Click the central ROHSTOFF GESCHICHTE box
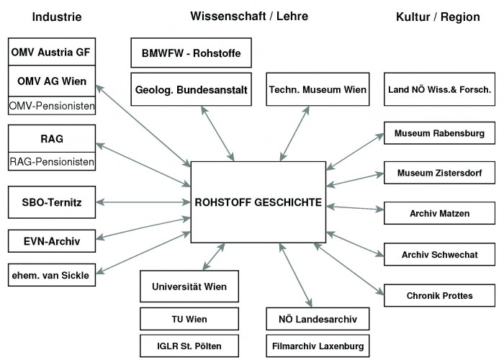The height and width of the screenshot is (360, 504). click(x=258, y=202)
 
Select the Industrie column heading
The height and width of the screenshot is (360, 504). click(x=57, y=17)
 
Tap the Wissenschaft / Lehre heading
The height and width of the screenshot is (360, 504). click(x=249, y=16)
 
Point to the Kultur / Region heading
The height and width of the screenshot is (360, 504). click(x=438, y=17)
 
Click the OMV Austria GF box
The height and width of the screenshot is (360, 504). click(x=52, y=52)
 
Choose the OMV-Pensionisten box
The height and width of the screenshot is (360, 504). click(x=52, y=105)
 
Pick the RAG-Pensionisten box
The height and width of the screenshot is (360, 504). click(x=52, y=161)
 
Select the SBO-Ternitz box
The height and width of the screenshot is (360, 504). click(x=52, y=202)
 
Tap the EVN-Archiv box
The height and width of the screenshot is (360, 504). click(x=52, y=241)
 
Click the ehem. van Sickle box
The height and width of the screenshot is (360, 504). click(x=52, y=275)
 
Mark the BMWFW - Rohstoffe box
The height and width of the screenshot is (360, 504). click(x=192, y=53)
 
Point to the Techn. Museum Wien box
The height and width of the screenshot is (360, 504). click(x=318, y=89)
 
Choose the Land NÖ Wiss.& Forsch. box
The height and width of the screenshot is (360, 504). click(x=439, y=89)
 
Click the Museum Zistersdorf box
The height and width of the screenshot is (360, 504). click(x=439, y=173)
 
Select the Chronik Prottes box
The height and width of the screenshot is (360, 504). click(x=439, y=295)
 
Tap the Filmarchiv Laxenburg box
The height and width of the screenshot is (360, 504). click(x=318, y=346)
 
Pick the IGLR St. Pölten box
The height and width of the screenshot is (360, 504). click(x=189, y=346)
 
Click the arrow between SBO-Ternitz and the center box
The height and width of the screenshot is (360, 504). click(x=143, y=202)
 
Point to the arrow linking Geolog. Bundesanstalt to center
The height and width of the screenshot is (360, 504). click(x=217, y=133)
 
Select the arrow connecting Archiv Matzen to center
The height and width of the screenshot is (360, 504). click(x=355, y=208)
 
